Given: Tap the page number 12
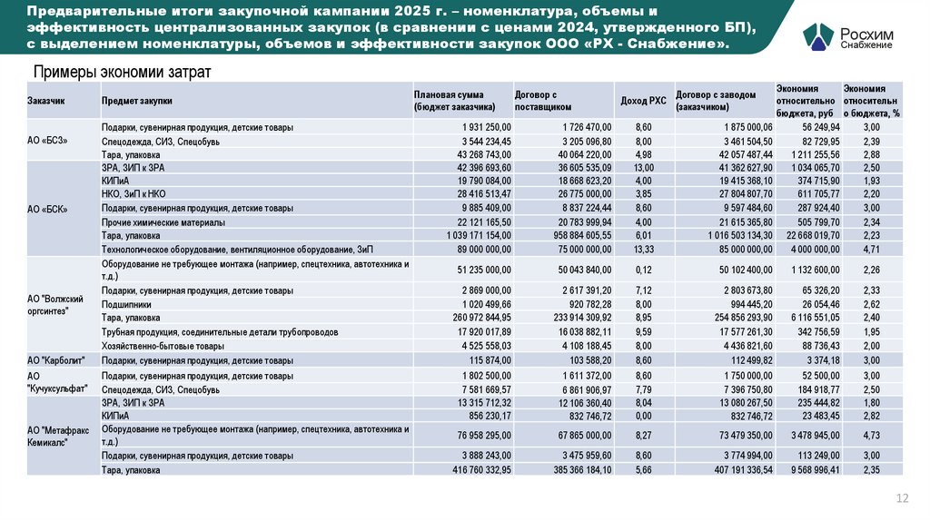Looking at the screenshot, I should click(902, 497).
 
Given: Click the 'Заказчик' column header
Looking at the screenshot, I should click(46, 101).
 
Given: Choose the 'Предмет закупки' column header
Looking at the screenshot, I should click(137, 101).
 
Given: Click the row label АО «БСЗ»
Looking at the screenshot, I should click(48, 142).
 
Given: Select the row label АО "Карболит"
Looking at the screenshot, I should click(55, 360).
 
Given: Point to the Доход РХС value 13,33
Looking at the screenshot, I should click(642, 248).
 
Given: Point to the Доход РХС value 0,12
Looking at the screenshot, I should click(643, 269).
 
